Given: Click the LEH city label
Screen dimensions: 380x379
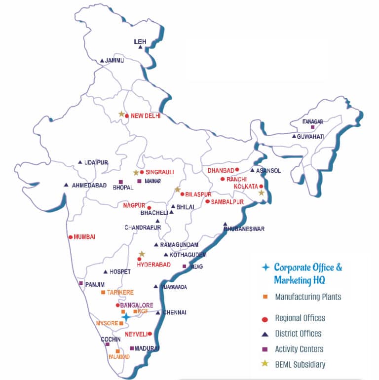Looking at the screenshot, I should pos(141,42).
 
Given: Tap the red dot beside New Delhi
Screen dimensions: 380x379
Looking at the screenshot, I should pos(127,116).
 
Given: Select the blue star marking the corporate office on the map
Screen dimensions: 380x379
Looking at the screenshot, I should pos(126,317).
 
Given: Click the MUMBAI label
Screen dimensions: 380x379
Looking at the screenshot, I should pos(84,237).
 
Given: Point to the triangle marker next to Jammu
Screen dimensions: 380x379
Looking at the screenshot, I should pos(102,61).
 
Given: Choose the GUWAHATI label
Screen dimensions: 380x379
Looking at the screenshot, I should pos(310,136).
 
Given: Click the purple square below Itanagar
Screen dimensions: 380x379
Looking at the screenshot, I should pos(312,127).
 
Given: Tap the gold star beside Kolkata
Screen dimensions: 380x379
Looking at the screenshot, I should pos(262,193).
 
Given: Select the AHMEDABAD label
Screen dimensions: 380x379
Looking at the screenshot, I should pos(89,185).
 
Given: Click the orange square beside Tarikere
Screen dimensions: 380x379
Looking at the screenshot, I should pos(103,293).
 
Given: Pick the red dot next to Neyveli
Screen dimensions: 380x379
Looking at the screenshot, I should pos(150,334).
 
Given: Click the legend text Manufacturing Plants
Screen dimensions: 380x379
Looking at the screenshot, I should pos(308,297).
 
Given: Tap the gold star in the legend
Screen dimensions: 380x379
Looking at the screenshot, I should pos(265,364).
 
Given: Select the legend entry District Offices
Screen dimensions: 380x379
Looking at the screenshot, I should pos(298,334).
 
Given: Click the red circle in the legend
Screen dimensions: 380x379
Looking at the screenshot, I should pos(265,318).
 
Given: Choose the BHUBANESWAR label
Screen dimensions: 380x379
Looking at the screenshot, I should pos(244,229).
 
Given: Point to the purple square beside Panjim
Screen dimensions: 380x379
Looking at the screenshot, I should pos(81,283).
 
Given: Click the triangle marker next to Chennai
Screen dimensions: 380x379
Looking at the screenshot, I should pos(158,312).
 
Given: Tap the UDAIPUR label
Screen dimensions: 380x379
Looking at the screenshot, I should pos(96,162).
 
